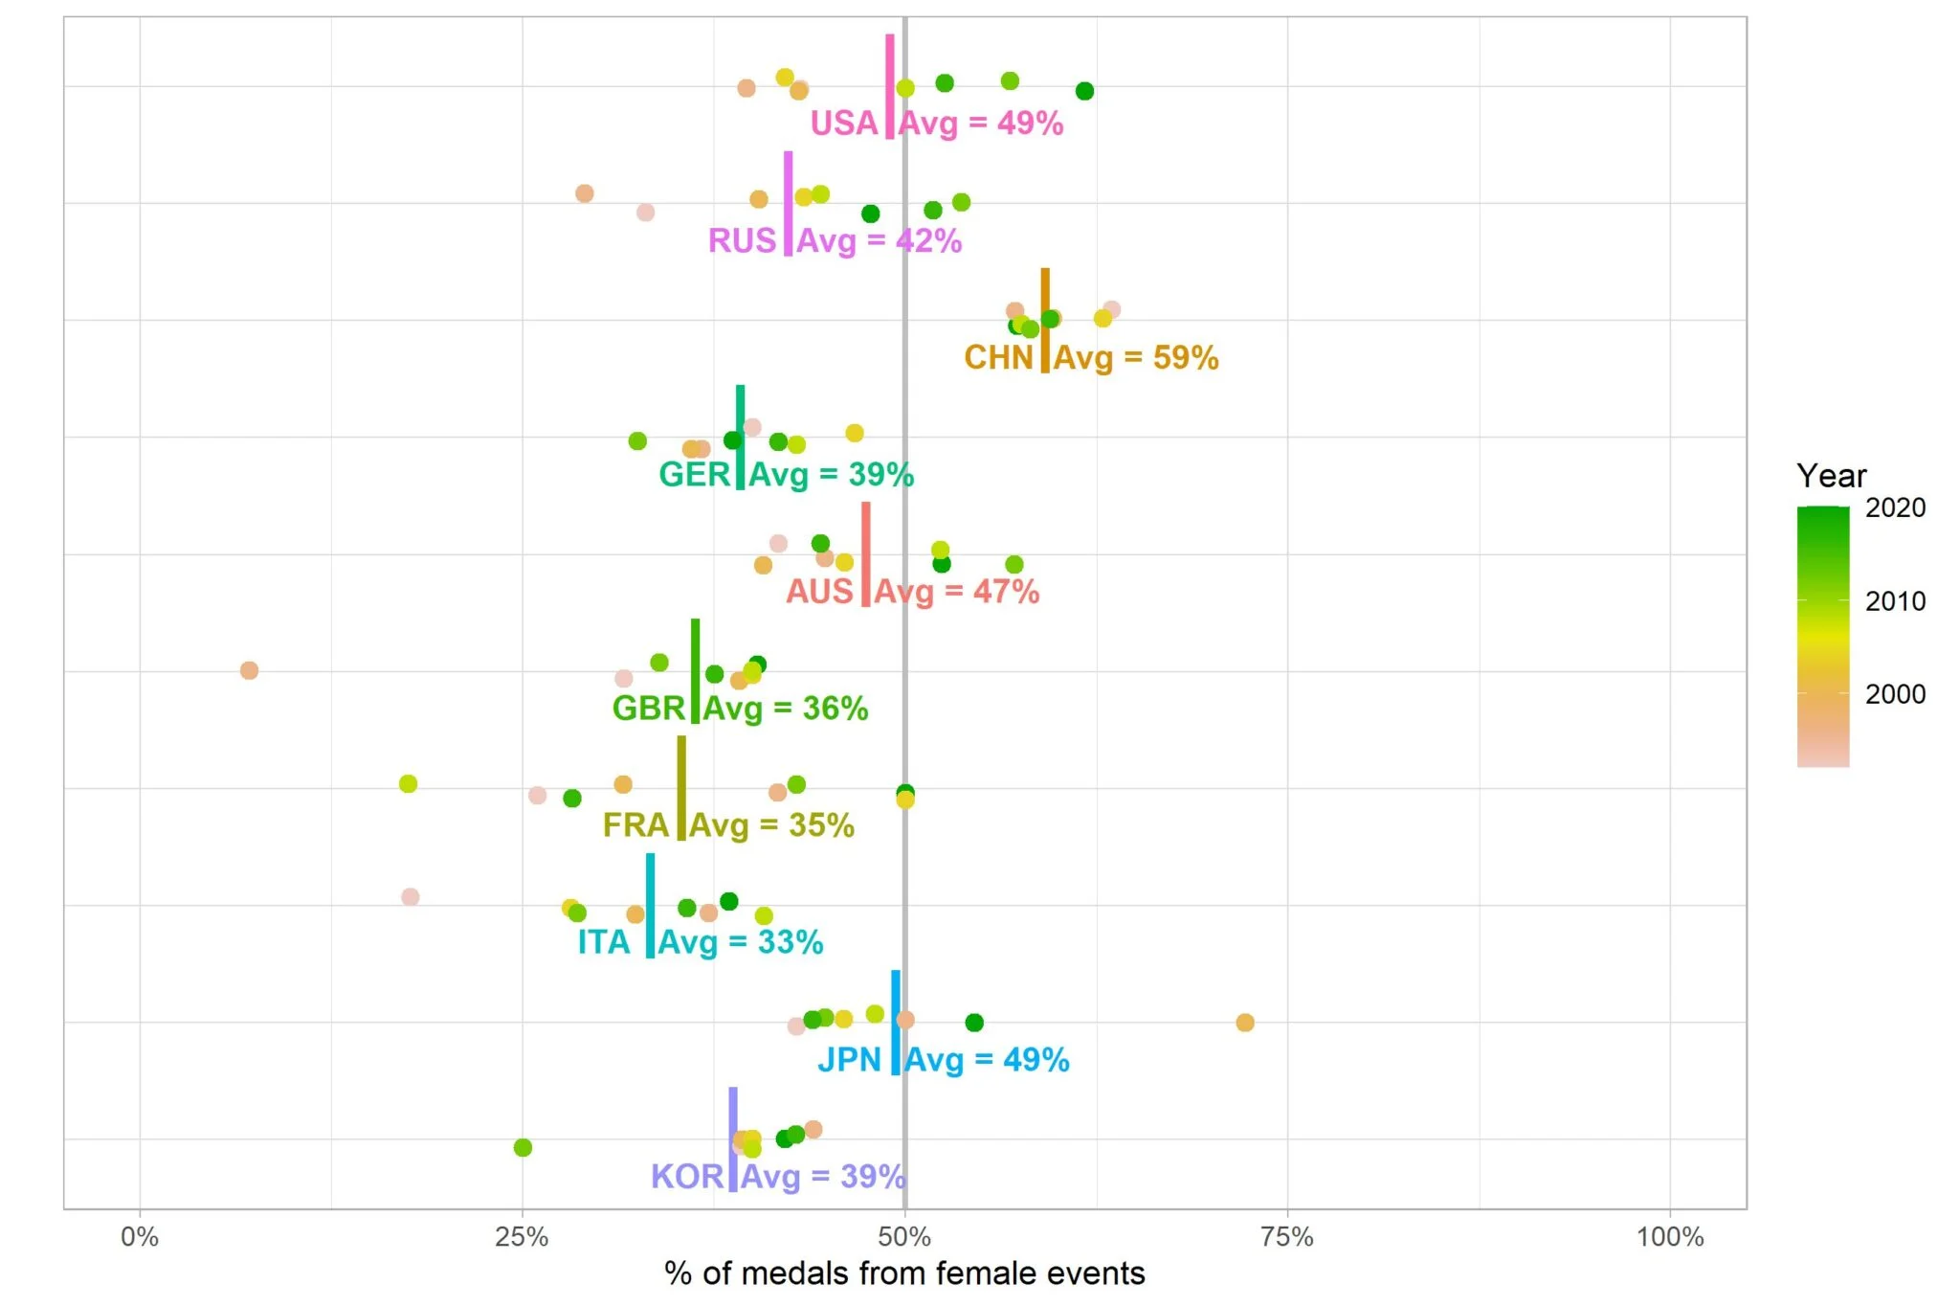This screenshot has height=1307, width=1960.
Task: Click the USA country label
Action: pos(843,124)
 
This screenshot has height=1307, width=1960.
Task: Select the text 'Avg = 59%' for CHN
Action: pos(1136,358)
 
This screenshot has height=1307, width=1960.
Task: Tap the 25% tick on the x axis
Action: pos(522,1237)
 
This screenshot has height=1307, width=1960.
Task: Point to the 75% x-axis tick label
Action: pos(1286,1237)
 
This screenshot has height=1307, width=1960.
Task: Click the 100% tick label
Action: pos(1669,1237)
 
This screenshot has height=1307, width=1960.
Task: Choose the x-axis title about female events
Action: pos(903,1273)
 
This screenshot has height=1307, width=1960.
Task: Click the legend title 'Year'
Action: pos(1831,476)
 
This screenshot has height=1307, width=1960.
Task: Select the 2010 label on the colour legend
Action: pos(1894,601)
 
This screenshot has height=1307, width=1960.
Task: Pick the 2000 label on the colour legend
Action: pos(1894,694)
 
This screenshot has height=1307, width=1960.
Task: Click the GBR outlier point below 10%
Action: pos(249,670)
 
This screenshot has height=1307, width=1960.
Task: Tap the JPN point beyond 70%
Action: pos(1244,1023)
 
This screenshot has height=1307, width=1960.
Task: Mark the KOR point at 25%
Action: pos(523,1147)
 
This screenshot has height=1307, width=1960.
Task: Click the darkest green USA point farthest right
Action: pos(1084,91)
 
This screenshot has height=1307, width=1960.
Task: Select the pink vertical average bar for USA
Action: pos(890,86)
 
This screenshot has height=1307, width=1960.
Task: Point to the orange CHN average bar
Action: pos(1045,321)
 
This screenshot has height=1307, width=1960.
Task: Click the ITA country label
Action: pos(604,943)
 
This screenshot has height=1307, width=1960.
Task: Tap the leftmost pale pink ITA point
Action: pos(410,897)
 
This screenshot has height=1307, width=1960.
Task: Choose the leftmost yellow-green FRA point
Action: pos(408,783)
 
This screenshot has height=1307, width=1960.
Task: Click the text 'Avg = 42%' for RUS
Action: pos(879,241)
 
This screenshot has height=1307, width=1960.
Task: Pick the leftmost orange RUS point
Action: pos(584,193)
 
